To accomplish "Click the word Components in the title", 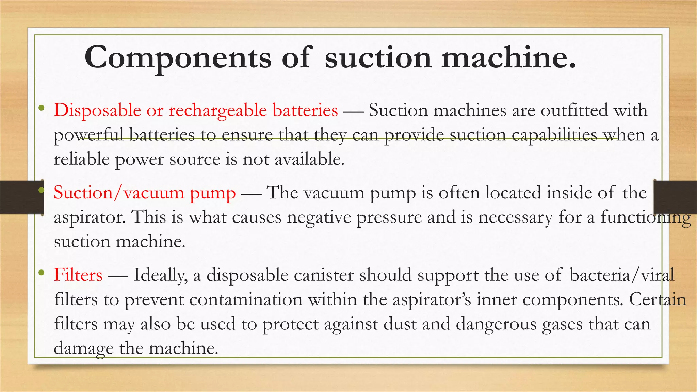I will point(178,58).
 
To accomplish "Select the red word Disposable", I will point(97,110).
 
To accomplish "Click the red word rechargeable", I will point(218,110).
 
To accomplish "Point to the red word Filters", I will point(78,275).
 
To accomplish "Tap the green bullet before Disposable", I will point(42,108).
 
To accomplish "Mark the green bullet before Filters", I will point(42,273).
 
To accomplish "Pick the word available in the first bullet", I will point(309,159).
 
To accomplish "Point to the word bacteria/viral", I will point(621,275).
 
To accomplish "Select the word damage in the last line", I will point(84,348).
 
